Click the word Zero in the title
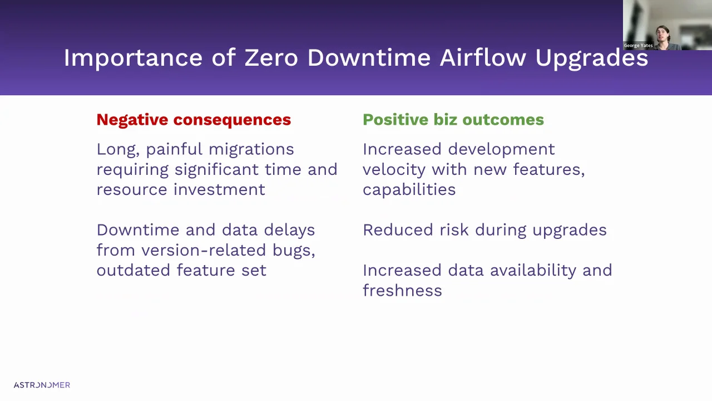(x=271, y=58)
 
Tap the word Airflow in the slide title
(x=482, y=58)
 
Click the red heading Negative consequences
(x=194, y=120)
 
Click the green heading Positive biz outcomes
(x=453, y=120)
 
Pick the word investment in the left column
(x=219, y=189)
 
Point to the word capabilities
(x=409, y=189)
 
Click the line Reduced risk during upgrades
(x=484, y=230)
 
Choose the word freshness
(x=402, y=291)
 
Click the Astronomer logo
(x=42, y=385)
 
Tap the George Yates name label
(x=638, y=46)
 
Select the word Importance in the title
(x=133, y=58)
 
